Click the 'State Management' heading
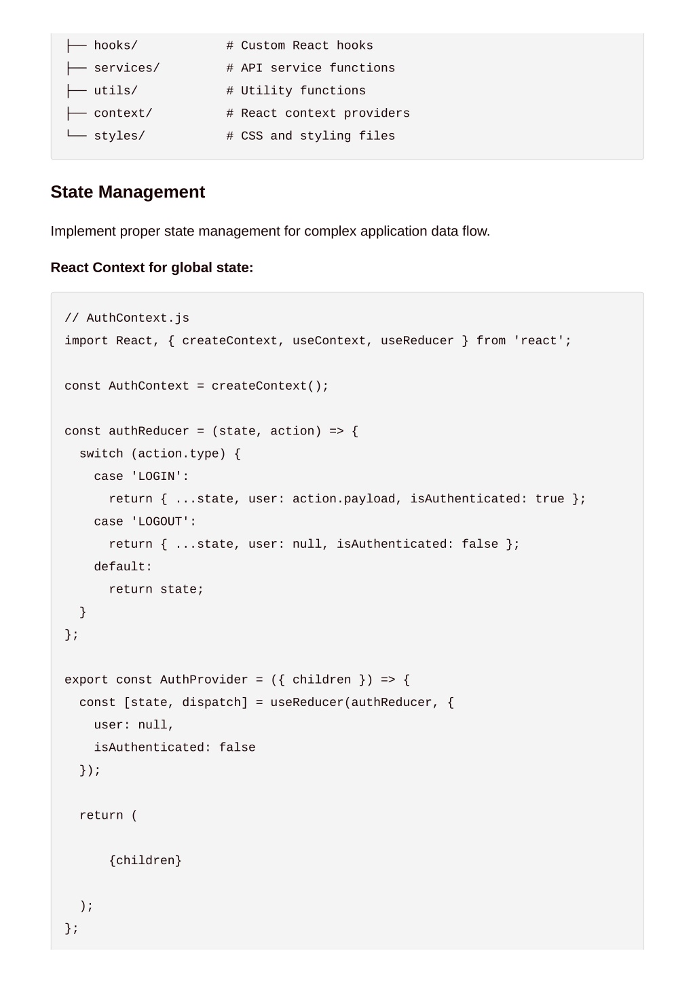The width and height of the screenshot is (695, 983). [128, 192]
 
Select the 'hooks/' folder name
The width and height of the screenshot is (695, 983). [116, 45]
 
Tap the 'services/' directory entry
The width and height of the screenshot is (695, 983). [127, 68]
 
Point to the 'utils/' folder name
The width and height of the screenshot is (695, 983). [116, 91]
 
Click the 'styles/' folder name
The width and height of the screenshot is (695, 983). [119, 136]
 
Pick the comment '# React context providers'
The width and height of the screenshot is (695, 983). [318, 113]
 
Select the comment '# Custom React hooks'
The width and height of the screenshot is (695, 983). [300, 45]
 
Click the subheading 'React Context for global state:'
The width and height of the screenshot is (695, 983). [152, 267]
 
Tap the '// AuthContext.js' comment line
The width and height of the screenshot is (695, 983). [127, 318]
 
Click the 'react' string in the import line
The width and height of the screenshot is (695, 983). [538, 341]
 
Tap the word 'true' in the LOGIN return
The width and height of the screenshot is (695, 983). [549, 499]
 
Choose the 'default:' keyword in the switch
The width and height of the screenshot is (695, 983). [123, 567]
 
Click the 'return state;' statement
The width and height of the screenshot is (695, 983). [156, 589]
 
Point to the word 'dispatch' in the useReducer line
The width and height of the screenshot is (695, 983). [212, 703]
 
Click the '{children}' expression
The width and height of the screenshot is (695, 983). [145, 861]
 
